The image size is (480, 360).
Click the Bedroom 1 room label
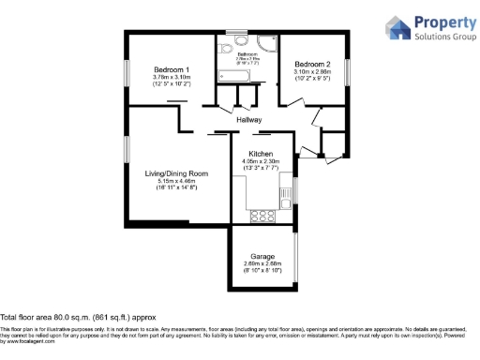tap(172, 69)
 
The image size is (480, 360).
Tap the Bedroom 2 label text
tap(311, 63)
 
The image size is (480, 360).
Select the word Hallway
tap(248, 120)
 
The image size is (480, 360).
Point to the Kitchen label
tap(260, 153)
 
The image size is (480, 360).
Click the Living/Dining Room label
tap(176, 173)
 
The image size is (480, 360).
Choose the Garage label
tap(262, 256)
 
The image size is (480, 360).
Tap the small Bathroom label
tap(247, 54)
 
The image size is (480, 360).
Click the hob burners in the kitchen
tap(262, 216)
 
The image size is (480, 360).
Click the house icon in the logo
tap(398, 28)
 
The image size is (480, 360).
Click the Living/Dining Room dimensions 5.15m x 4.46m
tap(176, 181)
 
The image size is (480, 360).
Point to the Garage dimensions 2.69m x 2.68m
tap(262, 263)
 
